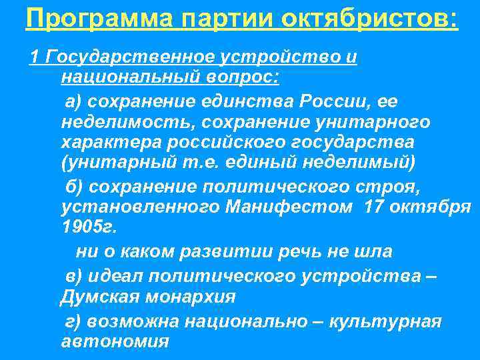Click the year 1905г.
point(88,227)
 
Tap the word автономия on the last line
point(115,342)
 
